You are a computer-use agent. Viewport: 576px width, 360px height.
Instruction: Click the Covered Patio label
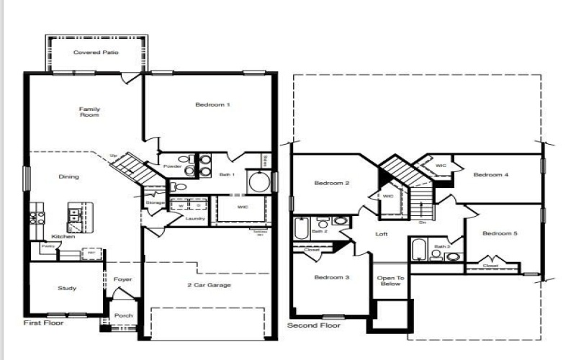(96, 53)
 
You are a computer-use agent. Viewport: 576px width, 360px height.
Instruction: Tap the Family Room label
(89, 112)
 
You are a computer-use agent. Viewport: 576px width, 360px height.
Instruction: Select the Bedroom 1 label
(212, 105)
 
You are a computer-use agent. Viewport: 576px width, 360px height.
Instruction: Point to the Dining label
(69, 177)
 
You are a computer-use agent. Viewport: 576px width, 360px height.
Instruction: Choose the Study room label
(67, 289)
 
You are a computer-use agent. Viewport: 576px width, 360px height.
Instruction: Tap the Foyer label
(122, 279)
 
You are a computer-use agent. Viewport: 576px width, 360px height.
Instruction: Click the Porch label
(124, 315)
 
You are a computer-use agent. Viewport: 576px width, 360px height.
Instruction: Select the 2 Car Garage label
(209, 286)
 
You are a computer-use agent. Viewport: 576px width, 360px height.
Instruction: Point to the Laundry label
(195, 219)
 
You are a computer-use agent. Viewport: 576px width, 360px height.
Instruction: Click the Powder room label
(172, 166)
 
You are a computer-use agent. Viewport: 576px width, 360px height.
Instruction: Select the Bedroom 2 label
(332, 184)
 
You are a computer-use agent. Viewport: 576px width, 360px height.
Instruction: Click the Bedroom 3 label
(332, 277)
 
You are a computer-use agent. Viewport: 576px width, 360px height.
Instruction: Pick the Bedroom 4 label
(491, 175)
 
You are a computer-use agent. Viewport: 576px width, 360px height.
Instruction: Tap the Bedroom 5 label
(500, 233)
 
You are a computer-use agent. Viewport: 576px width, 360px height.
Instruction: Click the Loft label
(382, 234)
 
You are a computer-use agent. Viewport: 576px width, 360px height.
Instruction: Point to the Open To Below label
(391, 281)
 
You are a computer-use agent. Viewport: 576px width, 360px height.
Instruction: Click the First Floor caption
(43, 323)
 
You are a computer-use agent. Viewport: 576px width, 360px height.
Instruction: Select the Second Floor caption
(313, 325)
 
